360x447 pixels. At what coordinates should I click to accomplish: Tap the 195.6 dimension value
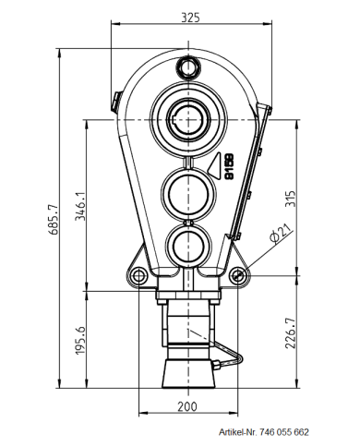click(80, 341)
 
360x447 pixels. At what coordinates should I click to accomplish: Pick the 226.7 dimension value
click(291, 334)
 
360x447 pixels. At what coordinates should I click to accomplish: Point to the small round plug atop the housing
click(189, 66)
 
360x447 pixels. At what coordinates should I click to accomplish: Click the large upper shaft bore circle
click(189, 118)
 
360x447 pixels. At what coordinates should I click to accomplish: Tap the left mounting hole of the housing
click(138, 275)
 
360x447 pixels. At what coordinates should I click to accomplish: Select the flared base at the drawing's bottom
click(188, 374)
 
